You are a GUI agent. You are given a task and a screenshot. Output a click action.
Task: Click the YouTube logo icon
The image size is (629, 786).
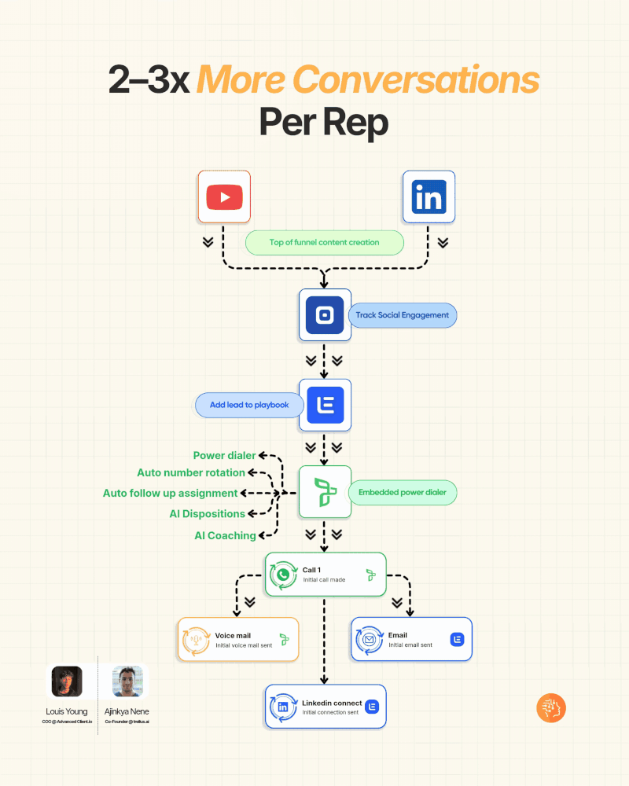(224, 196)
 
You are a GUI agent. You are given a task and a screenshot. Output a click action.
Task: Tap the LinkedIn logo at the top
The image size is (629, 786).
(429, 196)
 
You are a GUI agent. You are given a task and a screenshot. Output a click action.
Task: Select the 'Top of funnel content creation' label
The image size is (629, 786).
(324, 243)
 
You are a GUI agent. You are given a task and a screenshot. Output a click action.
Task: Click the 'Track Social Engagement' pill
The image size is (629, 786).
(402, 315)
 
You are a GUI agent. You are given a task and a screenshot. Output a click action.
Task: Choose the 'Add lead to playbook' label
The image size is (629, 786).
(249, 405)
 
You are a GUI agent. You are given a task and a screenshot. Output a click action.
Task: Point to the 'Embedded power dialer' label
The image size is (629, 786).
(402, 493)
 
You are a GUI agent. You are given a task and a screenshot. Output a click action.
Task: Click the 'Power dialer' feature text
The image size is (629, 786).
(224, 455)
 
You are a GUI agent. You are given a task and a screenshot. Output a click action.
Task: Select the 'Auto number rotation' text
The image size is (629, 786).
(191, 473)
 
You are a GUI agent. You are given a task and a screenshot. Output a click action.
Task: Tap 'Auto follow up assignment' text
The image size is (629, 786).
(170, 494)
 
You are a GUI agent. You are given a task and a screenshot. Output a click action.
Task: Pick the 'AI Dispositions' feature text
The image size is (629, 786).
(208, 514)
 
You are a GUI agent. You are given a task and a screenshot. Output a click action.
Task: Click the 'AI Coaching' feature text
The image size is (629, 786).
(225, 535)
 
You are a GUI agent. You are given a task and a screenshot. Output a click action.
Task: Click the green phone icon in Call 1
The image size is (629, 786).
(281, 575)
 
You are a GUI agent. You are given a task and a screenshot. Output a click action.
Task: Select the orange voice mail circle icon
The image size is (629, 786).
(195, 640)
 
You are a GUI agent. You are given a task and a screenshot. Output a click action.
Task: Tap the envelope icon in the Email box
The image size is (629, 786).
(368, 639)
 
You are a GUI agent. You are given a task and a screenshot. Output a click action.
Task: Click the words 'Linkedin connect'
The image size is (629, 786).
(332, 703)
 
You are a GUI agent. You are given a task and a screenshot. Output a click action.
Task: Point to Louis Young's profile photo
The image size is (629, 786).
(67, 681)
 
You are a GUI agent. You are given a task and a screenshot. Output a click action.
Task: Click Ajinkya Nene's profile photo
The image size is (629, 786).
(127, 681)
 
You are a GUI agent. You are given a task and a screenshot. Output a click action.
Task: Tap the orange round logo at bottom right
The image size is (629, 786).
(551, 708)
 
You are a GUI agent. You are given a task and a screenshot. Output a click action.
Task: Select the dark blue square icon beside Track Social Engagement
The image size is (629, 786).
(325, 315)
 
